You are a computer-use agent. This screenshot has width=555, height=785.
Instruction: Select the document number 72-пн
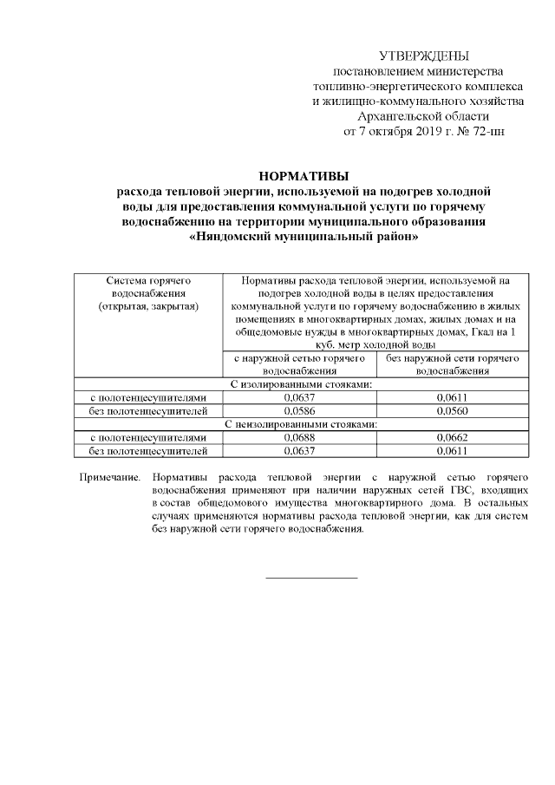pos(484,131)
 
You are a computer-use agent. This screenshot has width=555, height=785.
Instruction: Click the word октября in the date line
pos(387,131)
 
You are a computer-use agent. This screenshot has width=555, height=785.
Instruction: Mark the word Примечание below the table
pos(109,477)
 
